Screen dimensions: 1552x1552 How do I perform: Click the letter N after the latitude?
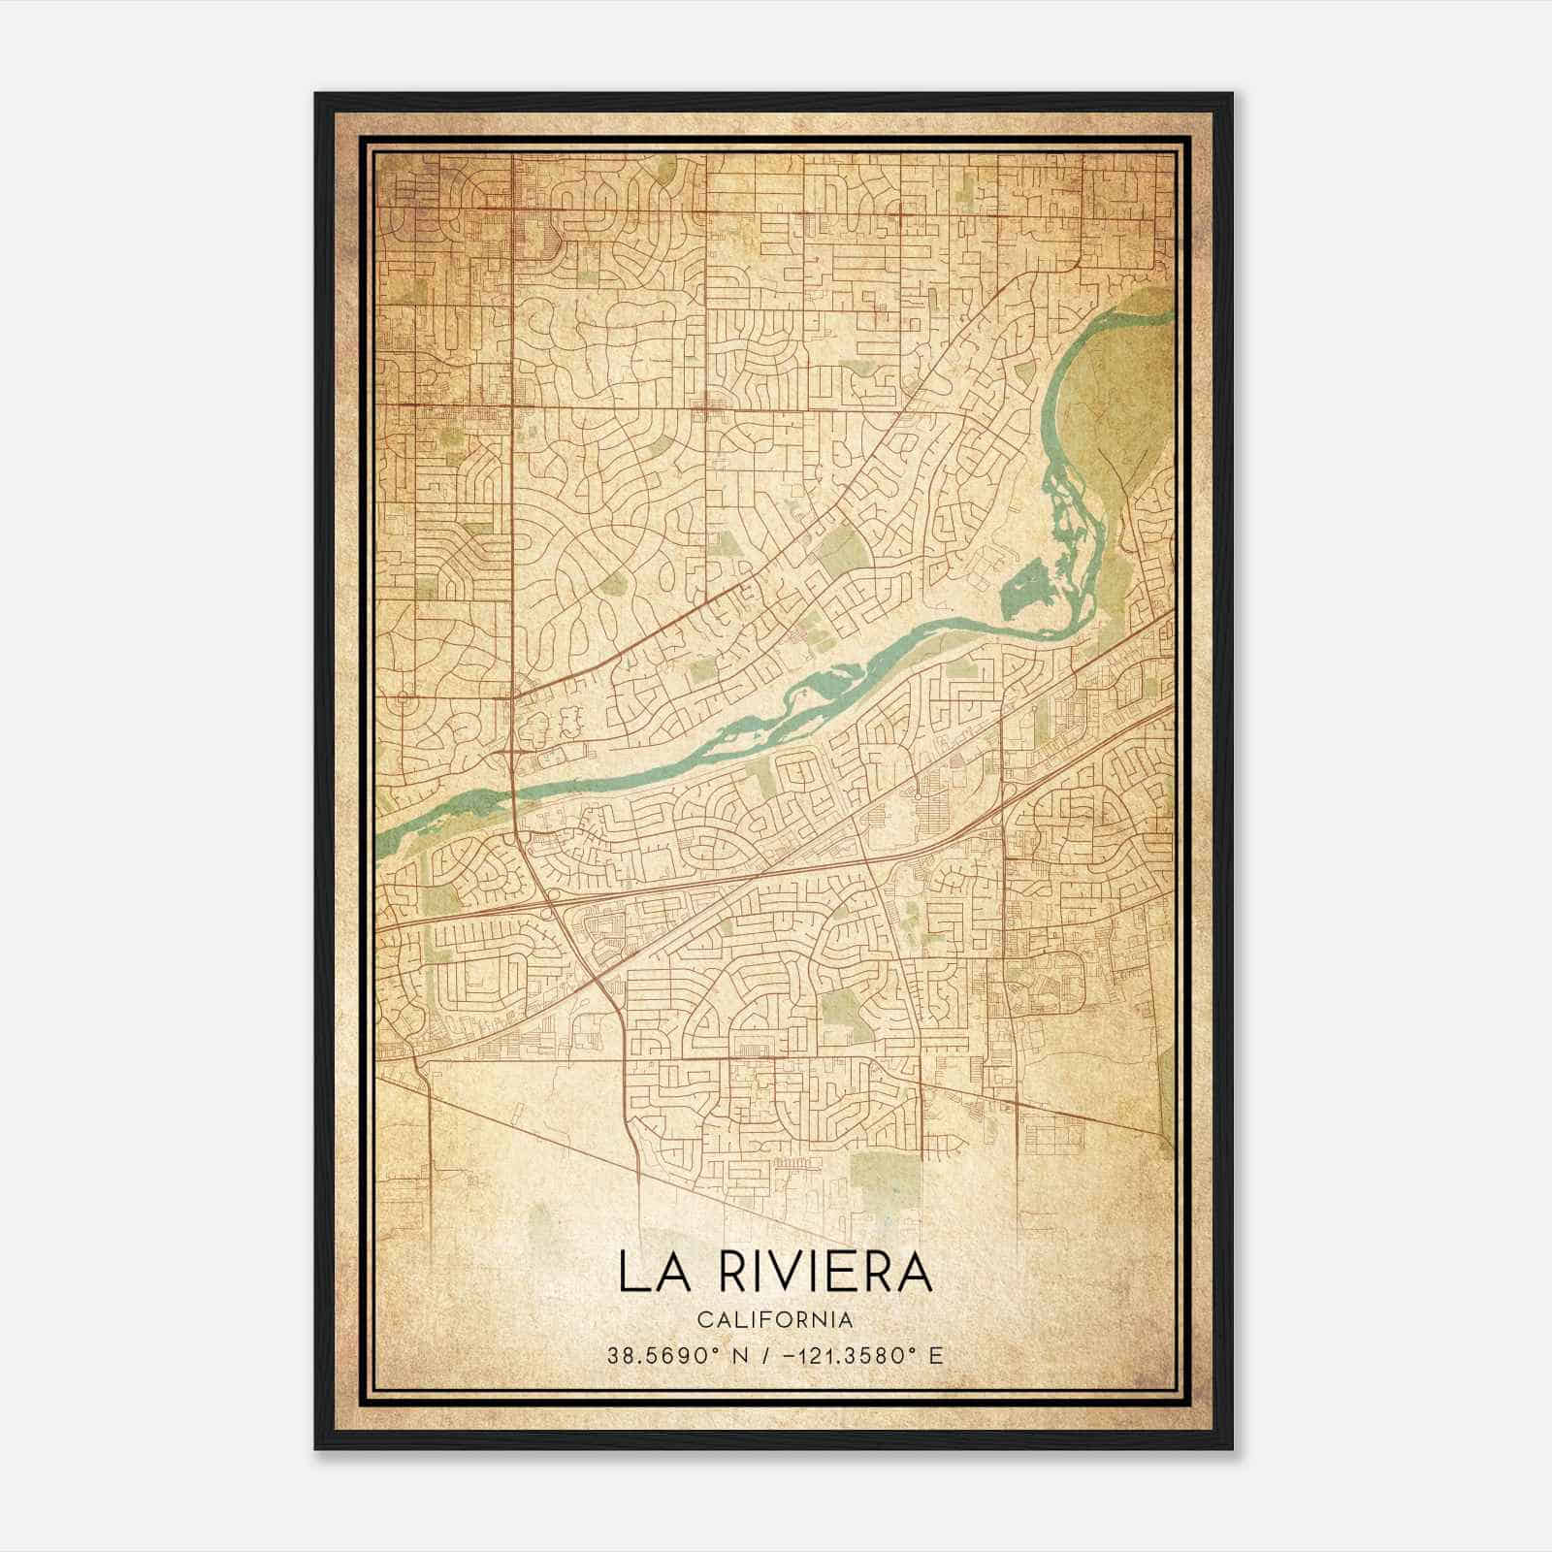tap(719, 1355)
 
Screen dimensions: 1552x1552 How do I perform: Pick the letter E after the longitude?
tap(935, 1355)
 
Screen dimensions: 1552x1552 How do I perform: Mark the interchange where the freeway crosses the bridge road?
tap(549, 896)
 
